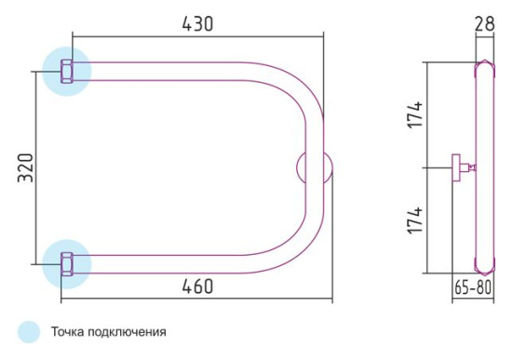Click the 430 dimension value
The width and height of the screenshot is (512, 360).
[197, 24]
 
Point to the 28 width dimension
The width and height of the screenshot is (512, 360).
[483, 23]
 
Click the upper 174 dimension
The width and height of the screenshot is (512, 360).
[416, 114]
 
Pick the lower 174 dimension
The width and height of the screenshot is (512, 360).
[416, 221]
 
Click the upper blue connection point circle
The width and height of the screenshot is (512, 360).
[67, 71]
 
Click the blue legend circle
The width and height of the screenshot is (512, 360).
[30, 331]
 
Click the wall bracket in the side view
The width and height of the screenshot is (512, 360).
[461, 168]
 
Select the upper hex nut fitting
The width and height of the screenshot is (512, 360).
[67, 71]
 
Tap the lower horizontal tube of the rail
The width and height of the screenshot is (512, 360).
[186, 263]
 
